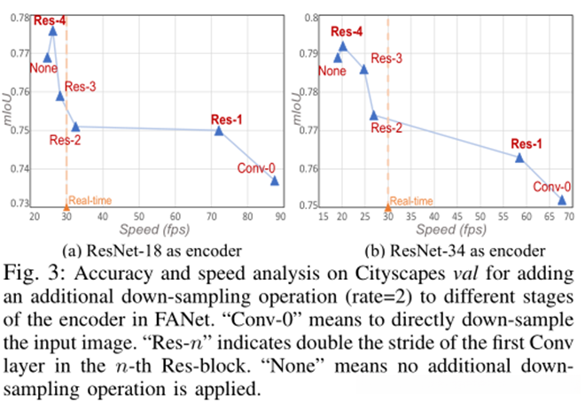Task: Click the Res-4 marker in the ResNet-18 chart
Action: click(x=52, y=31)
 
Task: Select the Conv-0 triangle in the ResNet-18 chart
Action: click(x=275, y=181)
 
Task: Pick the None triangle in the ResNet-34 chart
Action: click(x=337, y=58)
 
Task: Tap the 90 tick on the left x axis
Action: click(x=277, y=216)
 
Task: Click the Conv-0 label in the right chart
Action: click(x=550, y=187)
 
